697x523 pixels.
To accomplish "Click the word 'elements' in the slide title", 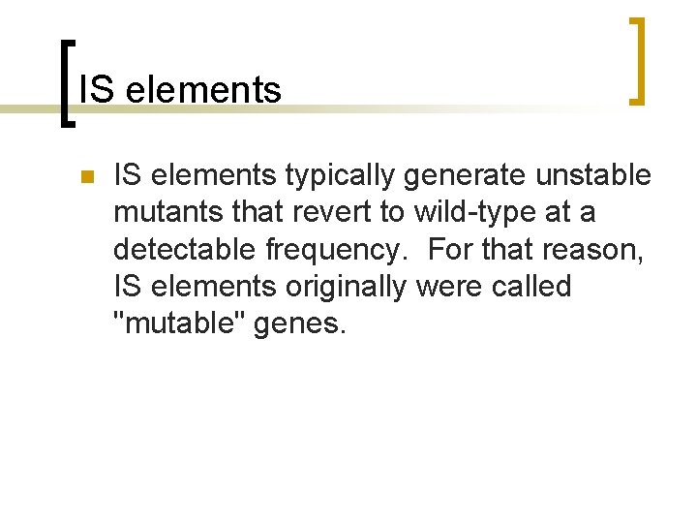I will (x=203, y=90).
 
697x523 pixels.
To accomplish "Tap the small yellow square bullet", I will (x=85, y=177).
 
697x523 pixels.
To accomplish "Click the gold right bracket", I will (x=637, y=60).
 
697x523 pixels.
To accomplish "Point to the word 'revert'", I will (x=329, y=213).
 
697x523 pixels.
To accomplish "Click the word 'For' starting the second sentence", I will (x=451, y=250).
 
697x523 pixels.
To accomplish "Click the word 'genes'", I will (x=298, y=323).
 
